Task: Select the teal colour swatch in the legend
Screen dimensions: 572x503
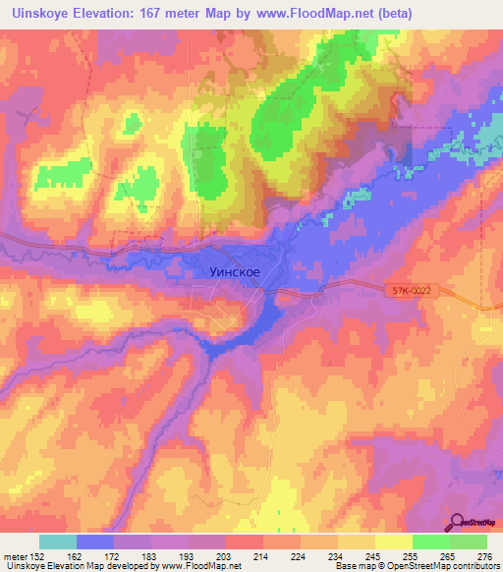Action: pyautogui.click(x=58, y=542)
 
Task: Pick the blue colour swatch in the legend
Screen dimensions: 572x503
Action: pyautogui.click(x=95, y=542)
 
